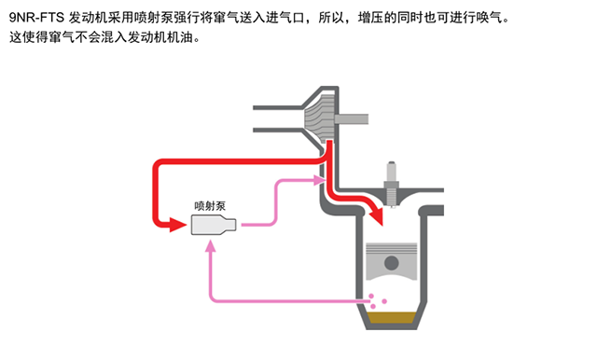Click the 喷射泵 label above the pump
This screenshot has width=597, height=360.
click(x=210, y=206)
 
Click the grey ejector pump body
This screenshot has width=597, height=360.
click(x=214, y=225)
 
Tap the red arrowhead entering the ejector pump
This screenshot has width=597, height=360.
click(x=177, y=225)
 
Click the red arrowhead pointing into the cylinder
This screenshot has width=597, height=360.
click(x=377, y=215)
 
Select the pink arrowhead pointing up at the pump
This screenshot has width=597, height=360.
click(x=210, y=246)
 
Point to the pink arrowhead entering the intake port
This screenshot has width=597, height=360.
click(x=319, y=180)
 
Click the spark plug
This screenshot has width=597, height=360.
click(x=392, y=185)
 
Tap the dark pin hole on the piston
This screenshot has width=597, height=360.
click(x=392, y=263)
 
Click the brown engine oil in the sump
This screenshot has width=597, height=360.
click(x=392, y=317)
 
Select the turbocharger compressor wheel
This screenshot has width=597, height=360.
click(x=320, y=116)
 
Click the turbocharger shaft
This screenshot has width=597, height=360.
click(x=351, y=119)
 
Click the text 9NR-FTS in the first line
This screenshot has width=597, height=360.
click(x=36, y=18)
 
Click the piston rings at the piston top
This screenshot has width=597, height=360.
click(x=392, y=248)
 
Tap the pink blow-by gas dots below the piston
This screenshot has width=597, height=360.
click(x=377, y=300)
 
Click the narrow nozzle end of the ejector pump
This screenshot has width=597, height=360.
click(x=230, y=225)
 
